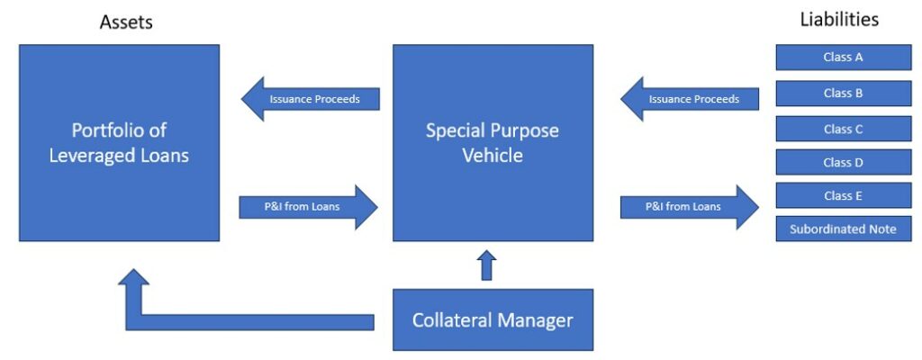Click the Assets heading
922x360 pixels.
(126, 22)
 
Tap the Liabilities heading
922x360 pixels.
(839, 19)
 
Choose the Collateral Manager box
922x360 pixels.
(493, 319)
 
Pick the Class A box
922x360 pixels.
(843, 58)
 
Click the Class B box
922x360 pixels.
(843, 93)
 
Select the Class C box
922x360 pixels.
(843, 129)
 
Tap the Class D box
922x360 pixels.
(843, 163)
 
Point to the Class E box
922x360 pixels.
(843, 195)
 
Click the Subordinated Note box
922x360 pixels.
(843, 229)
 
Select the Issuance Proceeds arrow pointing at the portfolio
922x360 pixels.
(311, 99)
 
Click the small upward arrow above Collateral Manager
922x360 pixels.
(486, 265)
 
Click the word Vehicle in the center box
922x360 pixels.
(493, 155)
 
